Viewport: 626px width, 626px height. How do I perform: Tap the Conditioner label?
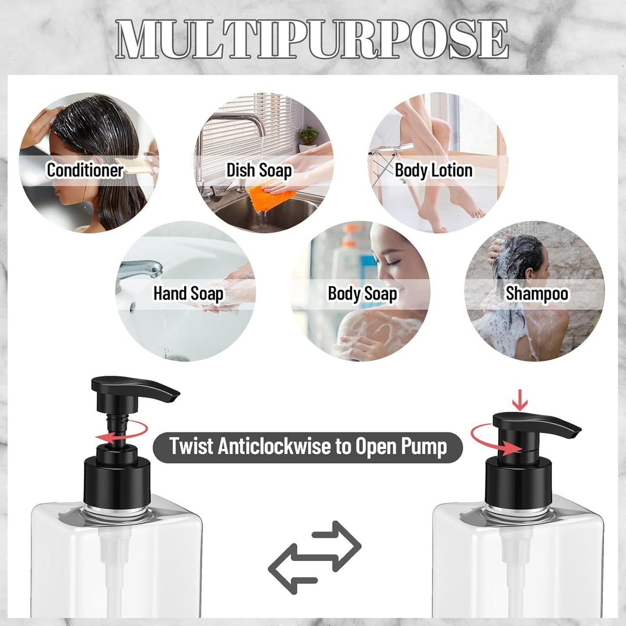point(85,170)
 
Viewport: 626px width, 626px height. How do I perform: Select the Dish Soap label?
point(259,170)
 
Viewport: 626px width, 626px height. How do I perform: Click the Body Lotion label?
point(433,170)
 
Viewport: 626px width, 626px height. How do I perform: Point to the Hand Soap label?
point(188,294)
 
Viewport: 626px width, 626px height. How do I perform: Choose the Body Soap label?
point(362,294)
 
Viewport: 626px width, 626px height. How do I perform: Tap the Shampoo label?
point(537,294)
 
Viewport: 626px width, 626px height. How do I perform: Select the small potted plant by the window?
point(308,137)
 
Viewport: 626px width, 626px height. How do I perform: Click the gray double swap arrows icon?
point(315,557)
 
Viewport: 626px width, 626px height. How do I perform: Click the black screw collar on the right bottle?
point(518,481)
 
